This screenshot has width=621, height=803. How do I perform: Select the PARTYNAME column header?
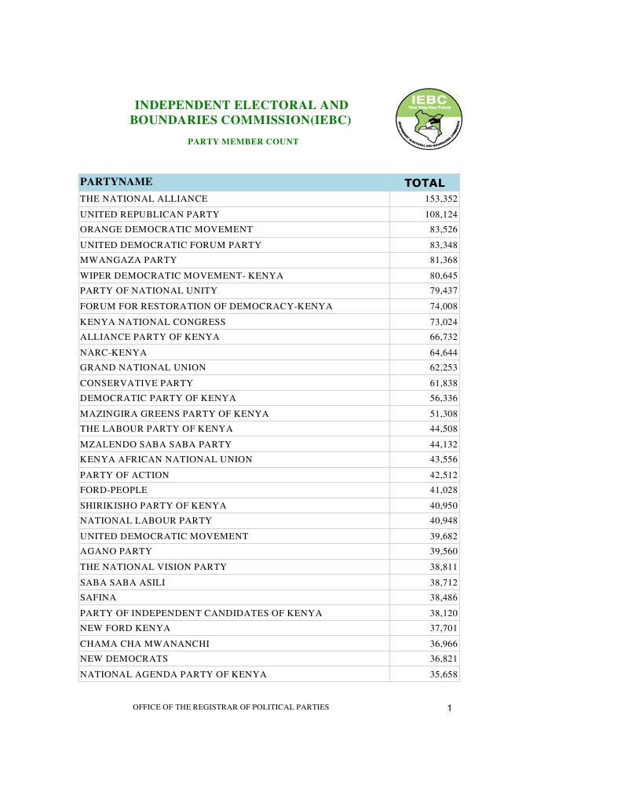(x=116, y=182)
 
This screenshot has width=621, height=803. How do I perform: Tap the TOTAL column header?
(x=424, y=183)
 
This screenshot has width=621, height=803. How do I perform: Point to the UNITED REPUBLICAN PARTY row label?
(x=149, y=214)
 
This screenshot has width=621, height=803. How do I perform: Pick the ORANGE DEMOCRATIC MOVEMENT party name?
(x=166, y=229)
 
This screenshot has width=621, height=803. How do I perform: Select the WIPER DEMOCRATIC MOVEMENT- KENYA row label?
(x=181, y=276)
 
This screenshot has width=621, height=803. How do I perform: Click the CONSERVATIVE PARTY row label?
(x=137, y=383)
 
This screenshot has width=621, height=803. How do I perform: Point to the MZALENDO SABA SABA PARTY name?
(x=155, y=444)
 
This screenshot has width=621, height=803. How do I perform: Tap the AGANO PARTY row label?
(x=116, y=551)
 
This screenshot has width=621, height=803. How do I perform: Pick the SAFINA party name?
(x=98, y=597)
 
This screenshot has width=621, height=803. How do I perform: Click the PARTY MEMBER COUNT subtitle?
(x=243, y=141)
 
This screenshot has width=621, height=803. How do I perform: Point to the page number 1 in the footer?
(x=449, y=710)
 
